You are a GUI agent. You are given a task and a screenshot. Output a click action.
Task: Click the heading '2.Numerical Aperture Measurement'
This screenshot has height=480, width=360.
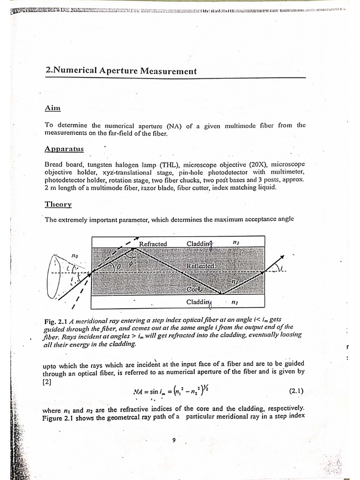(121, 71)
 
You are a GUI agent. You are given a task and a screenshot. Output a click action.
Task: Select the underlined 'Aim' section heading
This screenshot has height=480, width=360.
(53, 108)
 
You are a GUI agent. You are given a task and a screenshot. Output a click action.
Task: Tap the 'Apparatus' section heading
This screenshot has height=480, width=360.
(64, 149)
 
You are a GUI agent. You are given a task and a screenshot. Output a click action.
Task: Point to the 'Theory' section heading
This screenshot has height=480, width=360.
(58, 204)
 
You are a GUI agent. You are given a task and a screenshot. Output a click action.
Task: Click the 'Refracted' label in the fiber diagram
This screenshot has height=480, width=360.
(153, 244)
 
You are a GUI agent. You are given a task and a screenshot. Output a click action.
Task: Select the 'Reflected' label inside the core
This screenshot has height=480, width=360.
(200, 266)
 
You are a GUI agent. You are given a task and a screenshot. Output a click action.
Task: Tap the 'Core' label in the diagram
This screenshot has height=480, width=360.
(195, 290)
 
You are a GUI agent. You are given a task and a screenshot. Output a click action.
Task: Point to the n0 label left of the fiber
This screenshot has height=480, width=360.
(75, 255)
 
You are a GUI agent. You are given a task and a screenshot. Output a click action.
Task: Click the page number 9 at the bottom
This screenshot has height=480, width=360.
(174, 440)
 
